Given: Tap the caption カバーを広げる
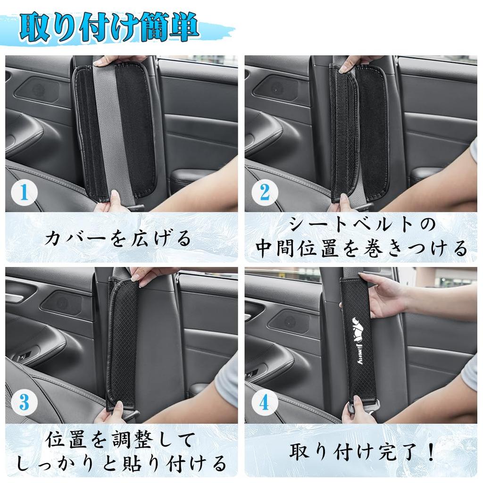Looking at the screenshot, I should click(118, 238).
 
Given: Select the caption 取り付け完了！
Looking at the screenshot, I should click(361, 452).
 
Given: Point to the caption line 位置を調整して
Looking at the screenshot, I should click(120, 441).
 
